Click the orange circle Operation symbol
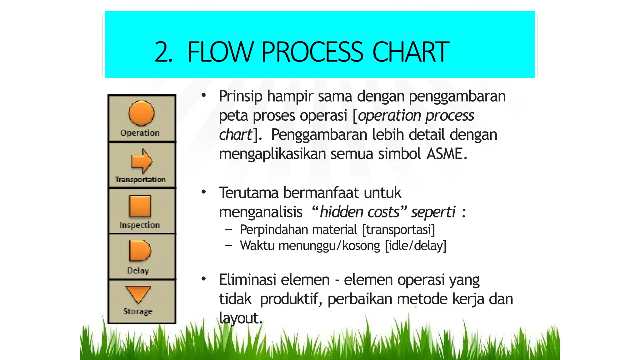[141, 113]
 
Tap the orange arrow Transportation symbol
[142, 161]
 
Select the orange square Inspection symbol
[140, 206]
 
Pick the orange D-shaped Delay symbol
[139, 251]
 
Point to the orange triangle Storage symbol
[138, 294]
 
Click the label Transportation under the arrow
[140, 179]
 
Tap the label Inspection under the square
[139, 225]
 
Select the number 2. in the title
[163, 52]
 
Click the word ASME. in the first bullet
[447, 154]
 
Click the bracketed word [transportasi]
[398, 230]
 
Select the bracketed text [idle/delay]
[416, 246]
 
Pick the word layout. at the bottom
[240, 318]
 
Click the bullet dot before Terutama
[204, 192]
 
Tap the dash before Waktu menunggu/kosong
[228, 246]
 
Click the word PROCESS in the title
[312, 52]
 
